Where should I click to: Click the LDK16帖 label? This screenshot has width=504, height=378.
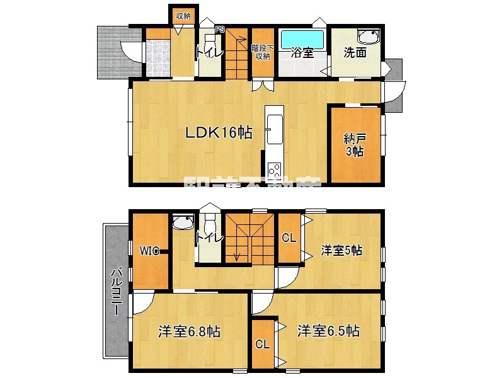pyautogui.click(x=219, y=132)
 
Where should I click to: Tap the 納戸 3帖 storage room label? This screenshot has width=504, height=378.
pyautogui.click(x=353, y=144)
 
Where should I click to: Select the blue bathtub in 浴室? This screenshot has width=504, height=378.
pyautogui.click(x=302, y=40)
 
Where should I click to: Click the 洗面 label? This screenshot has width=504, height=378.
pyautogui.click(x=355, y=53)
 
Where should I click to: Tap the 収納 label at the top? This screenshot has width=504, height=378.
pyautogui.click(x=183, y=16)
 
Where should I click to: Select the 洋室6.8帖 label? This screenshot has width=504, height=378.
pyautogui.click(x=188, y=331)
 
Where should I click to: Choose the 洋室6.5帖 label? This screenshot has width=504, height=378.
pyautogui.click(x=328, y=331)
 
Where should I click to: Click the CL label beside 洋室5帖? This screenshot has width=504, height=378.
pyautogui.click(x=289, y=238)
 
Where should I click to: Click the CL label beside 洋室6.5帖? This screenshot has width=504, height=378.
pyautogui.click(x=263, y=345)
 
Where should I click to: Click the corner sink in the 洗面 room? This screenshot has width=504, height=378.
pyautogui.click(x=366, y=37)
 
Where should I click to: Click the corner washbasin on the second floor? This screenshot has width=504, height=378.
pyautogui.click(x=183, y=222)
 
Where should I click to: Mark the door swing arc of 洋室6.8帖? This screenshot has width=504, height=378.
pyautogui.click(x=141, y=305)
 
